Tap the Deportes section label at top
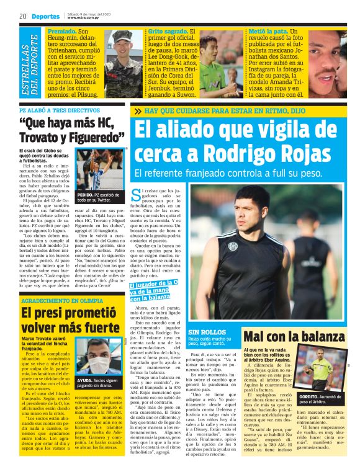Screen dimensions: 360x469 pyautogui.click(x=42, y=15)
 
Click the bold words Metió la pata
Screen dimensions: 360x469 pyautogui.click(x=269, y=30)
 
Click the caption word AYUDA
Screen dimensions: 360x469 pyautogui.click(x=84, y=380)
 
